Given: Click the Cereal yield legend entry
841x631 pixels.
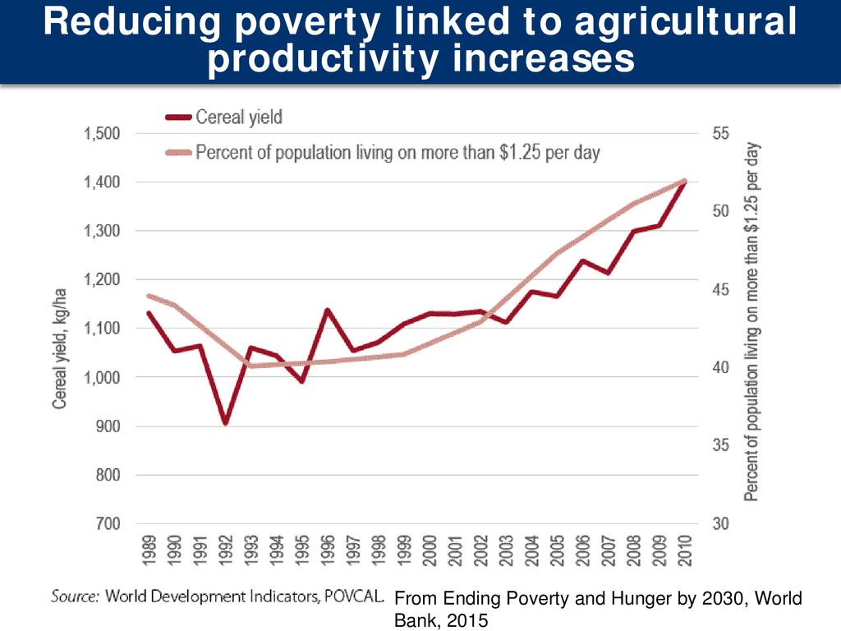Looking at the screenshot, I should (238, 117).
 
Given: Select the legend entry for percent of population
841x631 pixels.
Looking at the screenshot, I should (398, 153).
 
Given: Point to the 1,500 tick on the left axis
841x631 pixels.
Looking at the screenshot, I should (103, 134).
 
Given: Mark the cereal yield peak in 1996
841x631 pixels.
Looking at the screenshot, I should (327, 311).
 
